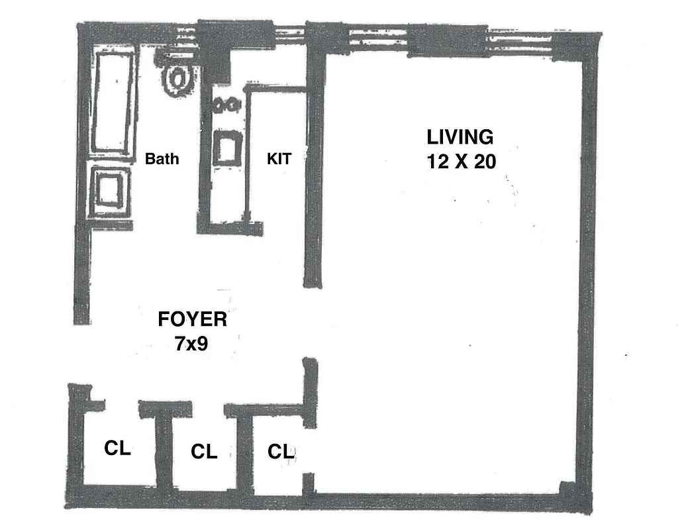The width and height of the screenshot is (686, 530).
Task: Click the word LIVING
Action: pos(460,137)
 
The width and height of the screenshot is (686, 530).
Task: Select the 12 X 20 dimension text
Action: pos(461,161)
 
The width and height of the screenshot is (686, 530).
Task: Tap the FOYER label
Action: pos(192,319)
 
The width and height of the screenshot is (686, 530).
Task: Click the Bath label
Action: pos(162,159)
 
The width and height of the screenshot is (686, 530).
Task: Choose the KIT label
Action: pos(279,159)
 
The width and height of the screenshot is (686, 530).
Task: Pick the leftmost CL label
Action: pos(118,449)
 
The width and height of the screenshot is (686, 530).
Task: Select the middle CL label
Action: pos(204,452)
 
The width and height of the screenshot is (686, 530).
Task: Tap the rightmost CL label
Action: pos(280,452)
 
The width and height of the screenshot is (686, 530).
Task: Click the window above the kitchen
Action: pos(288,35)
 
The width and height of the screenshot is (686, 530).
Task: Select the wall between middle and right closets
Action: pos(245,454)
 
